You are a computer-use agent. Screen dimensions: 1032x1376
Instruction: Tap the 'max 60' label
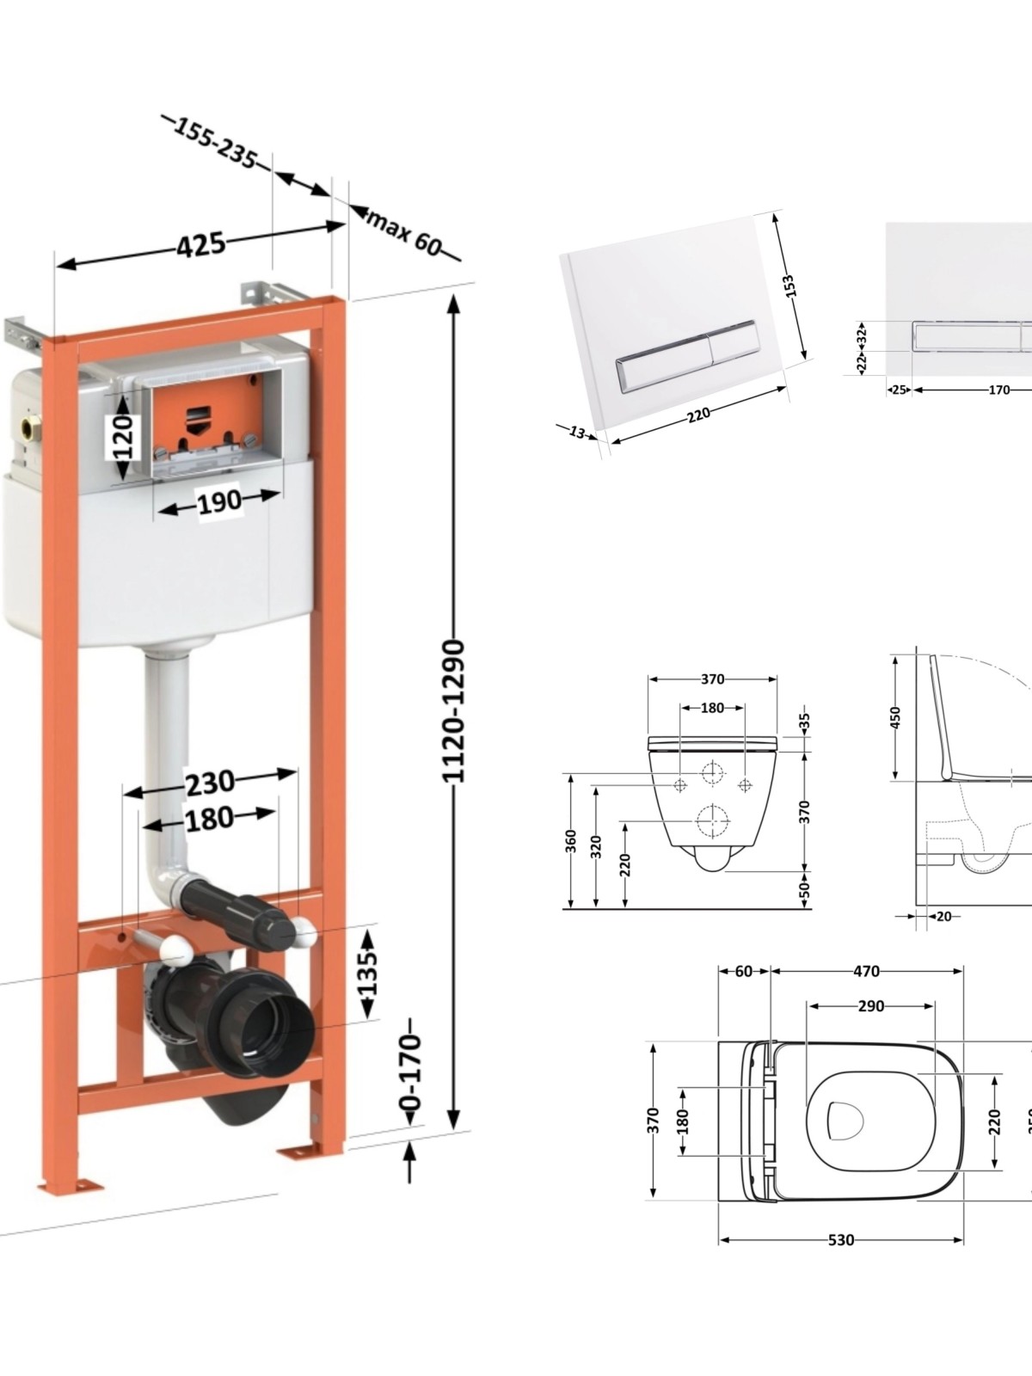pyautogui.click(x=403, y=233)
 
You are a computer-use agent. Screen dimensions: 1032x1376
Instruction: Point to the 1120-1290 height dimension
pyautogui.click(x=454, y=711)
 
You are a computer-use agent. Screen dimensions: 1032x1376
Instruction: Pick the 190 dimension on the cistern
pyautogui.click(x=218, y=501)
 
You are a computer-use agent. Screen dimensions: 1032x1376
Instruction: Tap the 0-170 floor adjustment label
pyautogui.click(x=411, y=1072)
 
